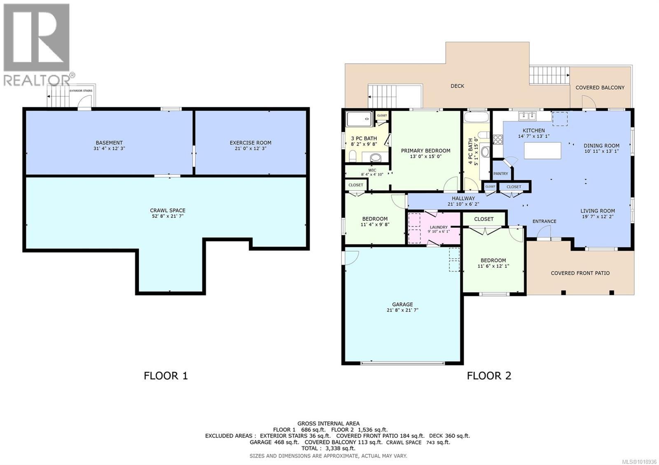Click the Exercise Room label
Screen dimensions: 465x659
tap(250, 143)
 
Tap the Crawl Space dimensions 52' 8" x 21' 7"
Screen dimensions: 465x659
tap(167, 216)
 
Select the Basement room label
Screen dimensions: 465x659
tap(109, 143)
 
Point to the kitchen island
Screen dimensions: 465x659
tap(542, 150)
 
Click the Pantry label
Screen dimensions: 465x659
tap(500, 174)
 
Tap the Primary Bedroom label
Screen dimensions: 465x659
tap(425, 151)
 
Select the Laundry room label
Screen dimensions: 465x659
tap(439, 227)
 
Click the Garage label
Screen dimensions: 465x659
tap(402, 305)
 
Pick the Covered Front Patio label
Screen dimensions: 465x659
tap(580, 273)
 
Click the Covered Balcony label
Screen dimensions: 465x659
tap(600, 88)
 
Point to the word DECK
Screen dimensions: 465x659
tap(457, 86)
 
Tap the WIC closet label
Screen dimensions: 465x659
tap(372, 170)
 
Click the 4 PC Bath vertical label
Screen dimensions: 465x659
tap(470, 152)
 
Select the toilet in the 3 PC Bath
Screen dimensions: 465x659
tap(353, 156)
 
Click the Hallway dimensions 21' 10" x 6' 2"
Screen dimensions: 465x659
tap(463, 204)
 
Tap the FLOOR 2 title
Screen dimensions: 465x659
tap(488, 375)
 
